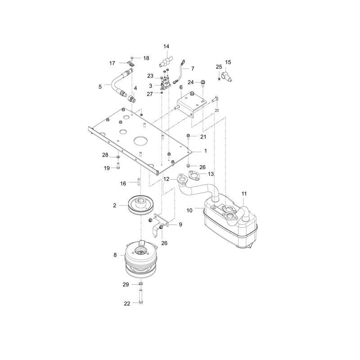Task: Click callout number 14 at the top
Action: [x=166, y=46]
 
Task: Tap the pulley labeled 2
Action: [x=141, y=205]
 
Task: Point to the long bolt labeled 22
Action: [x=141, y=297]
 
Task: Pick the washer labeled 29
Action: [x=141, y=284]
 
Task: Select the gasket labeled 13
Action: [x=194, y=175]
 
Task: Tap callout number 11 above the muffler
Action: [x=244, y=194]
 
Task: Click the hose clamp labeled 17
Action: [x=130, y=64]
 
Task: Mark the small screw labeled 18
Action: [x=132, y=58]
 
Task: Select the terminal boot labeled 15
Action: [x=226, y=76]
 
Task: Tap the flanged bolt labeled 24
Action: [x=203, y=83]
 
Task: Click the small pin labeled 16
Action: [x=139, y=182]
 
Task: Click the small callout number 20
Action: [x=217, y=110]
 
